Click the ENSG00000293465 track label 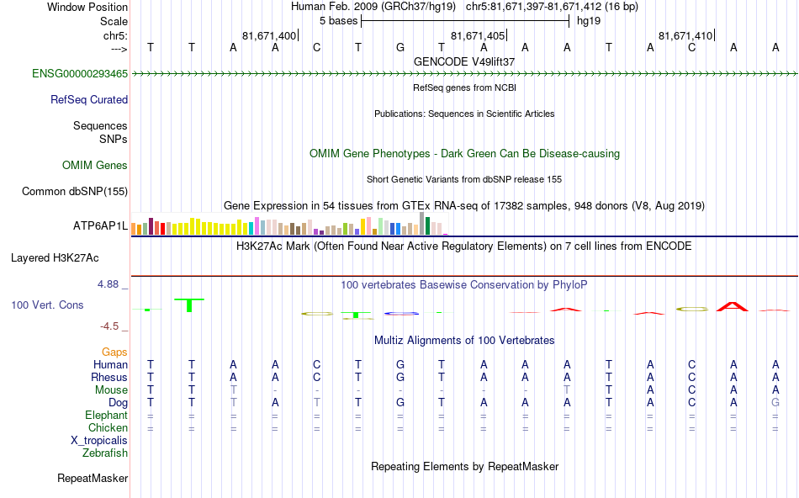(80, 74)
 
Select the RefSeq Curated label (89, 99)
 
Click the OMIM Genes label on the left (95, 166)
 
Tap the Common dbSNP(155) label (75, 192)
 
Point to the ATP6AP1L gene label (100, 226)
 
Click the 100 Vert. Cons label (47, 305)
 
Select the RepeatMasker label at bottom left (93, 479)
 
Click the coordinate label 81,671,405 (478, 36)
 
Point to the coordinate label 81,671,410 (685, 36)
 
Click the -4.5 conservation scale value (113, 326)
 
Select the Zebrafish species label (105, 453)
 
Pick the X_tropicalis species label (99, 441)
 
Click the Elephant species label (106, 416)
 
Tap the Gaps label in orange (114, 352)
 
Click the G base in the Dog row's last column (775, 403)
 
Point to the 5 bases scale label (339, 21)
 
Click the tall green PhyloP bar (190, 305)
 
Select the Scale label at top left (114, 21)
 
